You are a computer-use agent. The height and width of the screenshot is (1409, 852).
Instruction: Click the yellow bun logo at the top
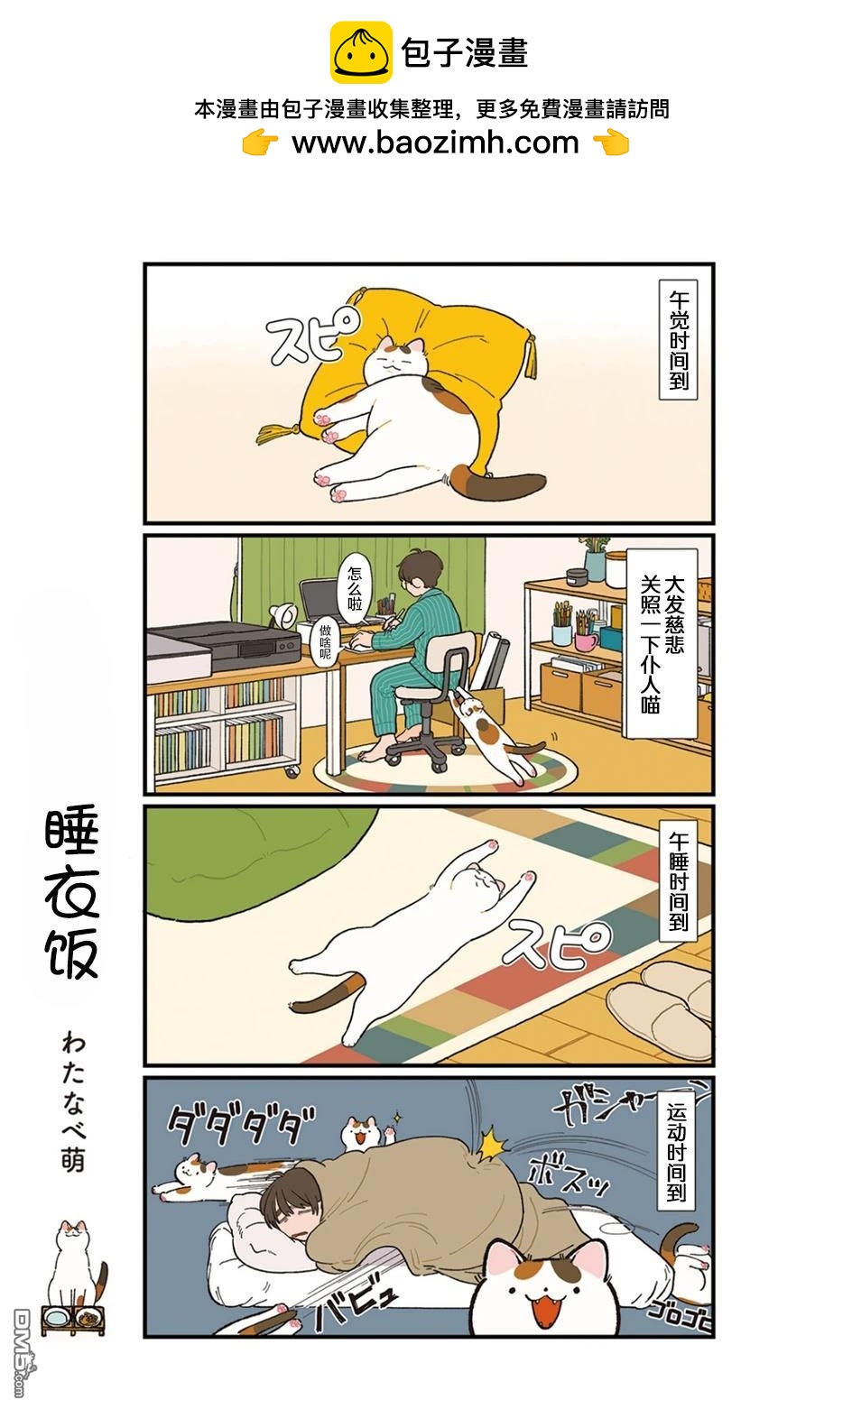click(361, 52)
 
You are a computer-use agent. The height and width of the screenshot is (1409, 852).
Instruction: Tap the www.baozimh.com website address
click(435, 143)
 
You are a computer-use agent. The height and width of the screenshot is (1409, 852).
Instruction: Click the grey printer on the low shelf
click(223, 650)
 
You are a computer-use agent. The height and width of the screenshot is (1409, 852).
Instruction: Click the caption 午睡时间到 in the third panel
click(679, 881)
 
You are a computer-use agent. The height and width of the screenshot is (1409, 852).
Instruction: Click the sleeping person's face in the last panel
click(292, 1215)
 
